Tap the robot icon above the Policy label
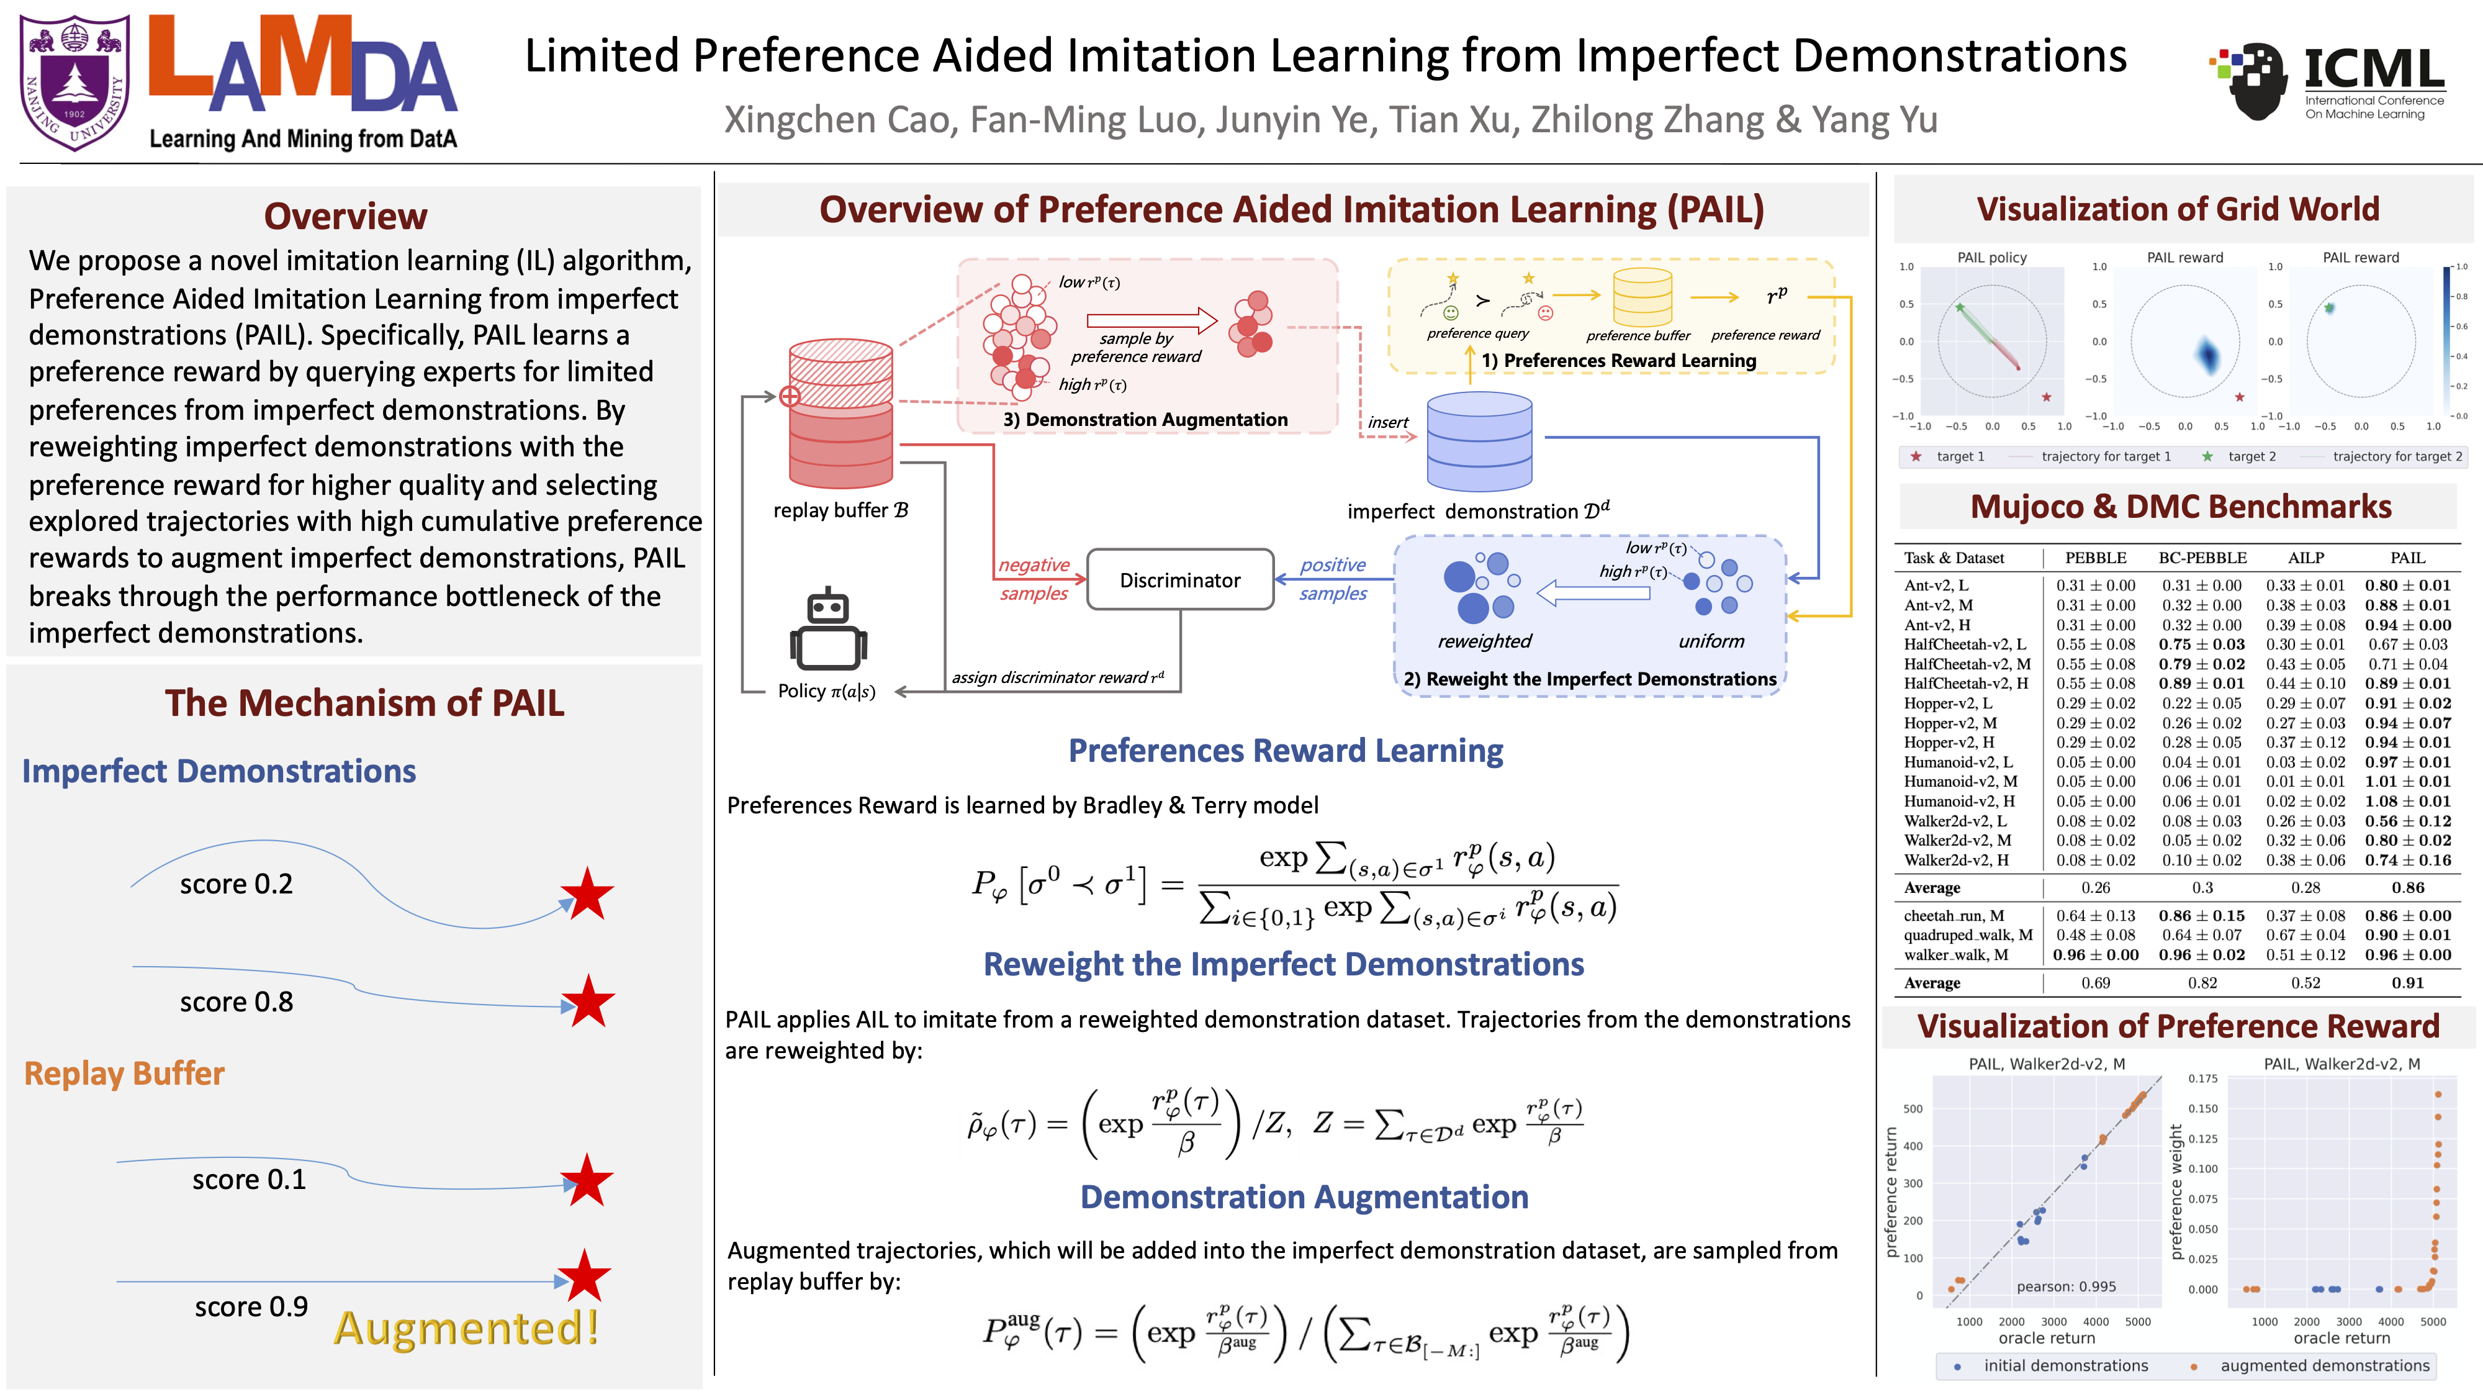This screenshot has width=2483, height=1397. coord(828,631)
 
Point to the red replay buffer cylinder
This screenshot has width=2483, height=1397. coord(840,415)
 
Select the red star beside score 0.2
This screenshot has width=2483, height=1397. coord(587,893)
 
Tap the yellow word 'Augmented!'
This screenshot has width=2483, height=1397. coord(467,1329)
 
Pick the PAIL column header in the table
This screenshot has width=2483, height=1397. coord(2407,558)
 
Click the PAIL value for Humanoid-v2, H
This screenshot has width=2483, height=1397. coord(2407,801)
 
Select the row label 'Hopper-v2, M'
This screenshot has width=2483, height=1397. coord(1950,723)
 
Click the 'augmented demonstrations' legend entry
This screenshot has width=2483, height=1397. coord(2324,1365)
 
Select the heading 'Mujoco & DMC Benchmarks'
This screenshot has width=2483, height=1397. coord(2180,507)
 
